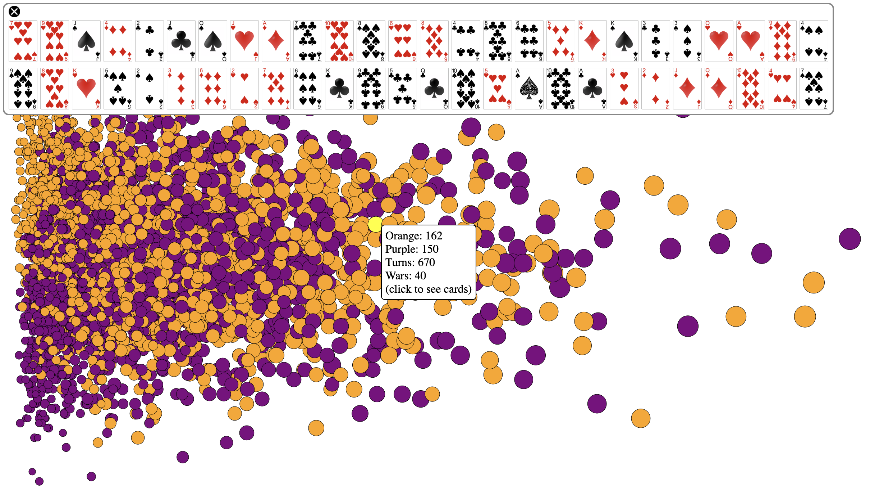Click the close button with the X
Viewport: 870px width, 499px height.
pos(14,12)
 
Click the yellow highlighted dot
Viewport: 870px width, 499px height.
pos(375,224)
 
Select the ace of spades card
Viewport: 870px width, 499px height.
pos(529,89)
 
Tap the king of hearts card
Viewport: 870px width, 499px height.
pos(86,89)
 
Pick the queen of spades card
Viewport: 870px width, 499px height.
pos(213,41)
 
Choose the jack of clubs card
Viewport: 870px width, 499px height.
pos(181,41)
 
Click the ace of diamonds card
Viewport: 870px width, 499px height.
pos(276,41)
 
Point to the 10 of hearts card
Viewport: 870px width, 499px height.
pos(339,41)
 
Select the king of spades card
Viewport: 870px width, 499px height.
pos(624,41)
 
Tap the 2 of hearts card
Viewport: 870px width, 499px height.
pos(244,89)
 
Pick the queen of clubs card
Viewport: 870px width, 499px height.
pos(434,89)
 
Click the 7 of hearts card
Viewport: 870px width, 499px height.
pos(23,41)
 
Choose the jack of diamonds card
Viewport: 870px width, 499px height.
pos(687,89)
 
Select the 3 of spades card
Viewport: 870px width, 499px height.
pos(687,41)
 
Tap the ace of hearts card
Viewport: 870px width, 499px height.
pos(751,41)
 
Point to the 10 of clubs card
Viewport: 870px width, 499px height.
pos(561,89)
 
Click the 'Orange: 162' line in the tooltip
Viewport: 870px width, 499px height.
pos(414,236)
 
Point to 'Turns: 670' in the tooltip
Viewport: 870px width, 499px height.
pos(410,262)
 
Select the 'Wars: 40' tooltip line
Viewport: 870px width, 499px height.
pos(406,276)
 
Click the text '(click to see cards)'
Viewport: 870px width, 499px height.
pos(428,289)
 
